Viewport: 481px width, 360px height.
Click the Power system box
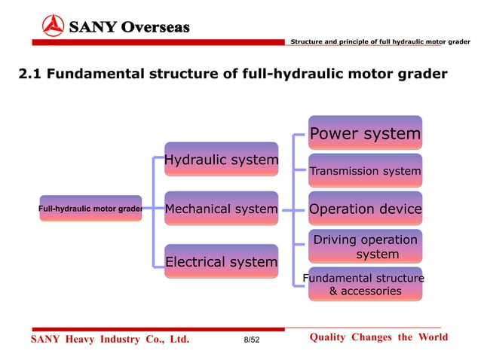(365, 133)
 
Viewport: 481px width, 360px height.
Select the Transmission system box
(365, 171)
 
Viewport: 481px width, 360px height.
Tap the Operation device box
(365, 209)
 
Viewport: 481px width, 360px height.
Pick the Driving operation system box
(365, 246)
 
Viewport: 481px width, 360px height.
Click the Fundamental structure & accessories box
(365, 284)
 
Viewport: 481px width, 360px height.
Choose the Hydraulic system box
(221, 160)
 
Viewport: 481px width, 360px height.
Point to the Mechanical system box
(221, 209)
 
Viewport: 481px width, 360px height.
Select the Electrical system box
(221, 261)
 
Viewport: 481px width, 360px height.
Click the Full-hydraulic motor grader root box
(90, 209)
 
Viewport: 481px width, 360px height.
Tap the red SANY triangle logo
(54, 27)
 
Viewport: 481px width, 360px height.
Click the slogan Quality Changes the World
(378, 337)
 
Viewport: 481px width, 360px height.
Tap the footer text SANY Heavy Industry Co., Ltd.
(109, 340)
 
